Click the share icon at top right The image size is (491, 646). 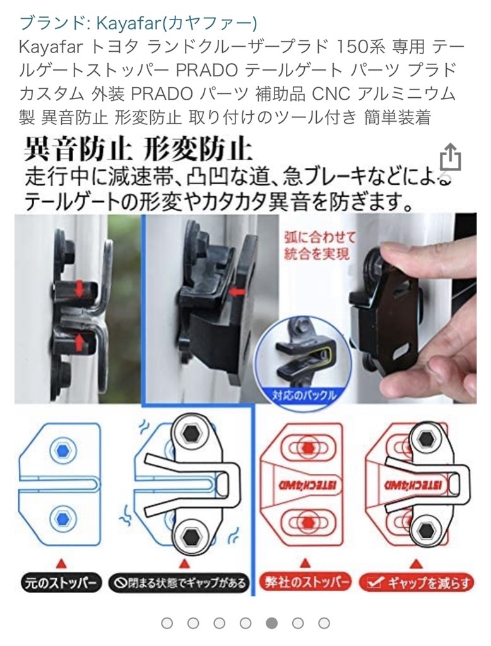tap(450, 158)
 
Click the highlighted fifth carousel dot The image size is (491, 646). tap(271, 623)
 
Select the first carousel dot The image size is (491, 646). tap(167, 623)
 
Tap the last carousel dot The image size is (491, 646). tap(324, 623)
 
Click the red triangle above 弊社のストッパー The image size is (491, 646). tap(305, 561)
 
